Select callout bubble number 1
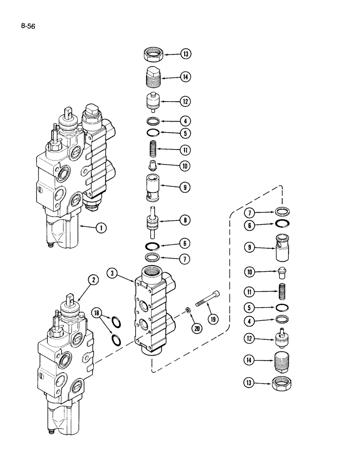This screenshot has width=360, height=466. pyautogui.click(x=99, y=228)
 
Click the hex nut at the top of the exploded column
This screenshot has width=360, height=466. pyautogui.click(x=153, y=55)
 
